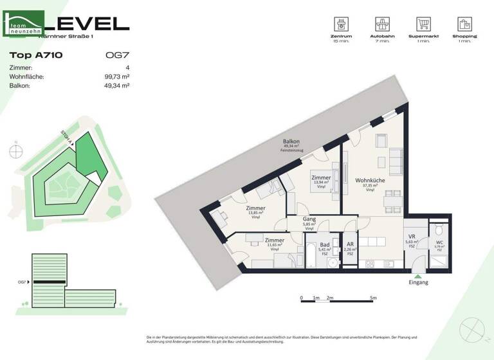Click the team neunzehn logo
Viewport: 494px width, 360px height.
tap(24, 24)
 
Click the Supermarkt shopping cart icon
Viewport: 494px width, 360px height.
tap(423, 24)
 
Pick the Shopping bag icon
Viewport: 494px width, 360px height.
tap(464, 24)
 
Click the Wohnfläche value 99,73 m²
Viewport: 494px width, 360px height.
tap(116, 76)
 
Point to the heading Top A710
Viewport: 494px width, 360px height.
tap(35, 55)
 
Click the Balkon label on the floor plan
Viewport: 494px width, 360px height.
tap(291, 141)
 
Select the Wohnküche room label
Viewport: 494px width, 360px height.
tap(370, 181)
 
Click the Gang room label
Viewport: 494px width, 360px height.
tap(309, 219)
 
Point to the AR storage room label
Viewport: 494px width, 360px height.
tap(349, 245)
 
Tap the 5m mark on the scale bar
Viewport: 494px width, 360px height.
tap(373, 298)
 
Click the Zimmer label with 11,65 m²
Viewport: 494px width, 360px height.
tap(274, 241)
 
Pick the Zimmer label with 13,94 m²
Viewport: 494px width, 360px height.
tap(321, 178)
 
